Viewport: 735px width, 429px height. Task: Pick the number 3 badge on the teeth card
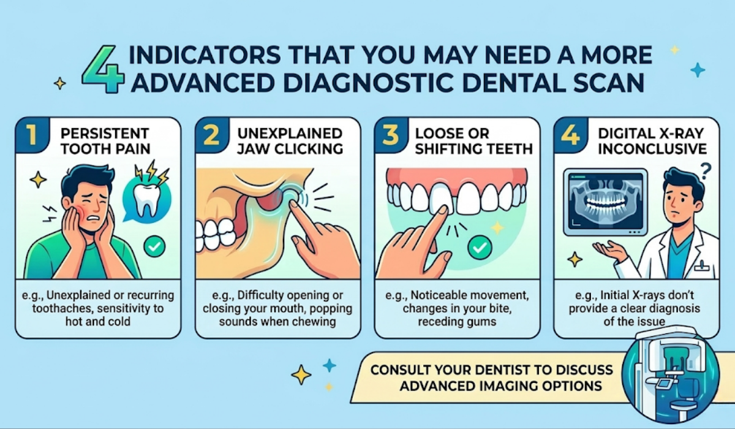pos(390,136)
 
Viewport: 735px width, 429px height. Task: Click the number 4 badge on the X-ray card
pos(569,136)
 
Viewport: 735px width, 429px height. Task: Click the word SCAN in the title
pos(612,83)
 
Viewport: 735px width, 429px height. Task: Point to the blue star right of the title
pos(697,70)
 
